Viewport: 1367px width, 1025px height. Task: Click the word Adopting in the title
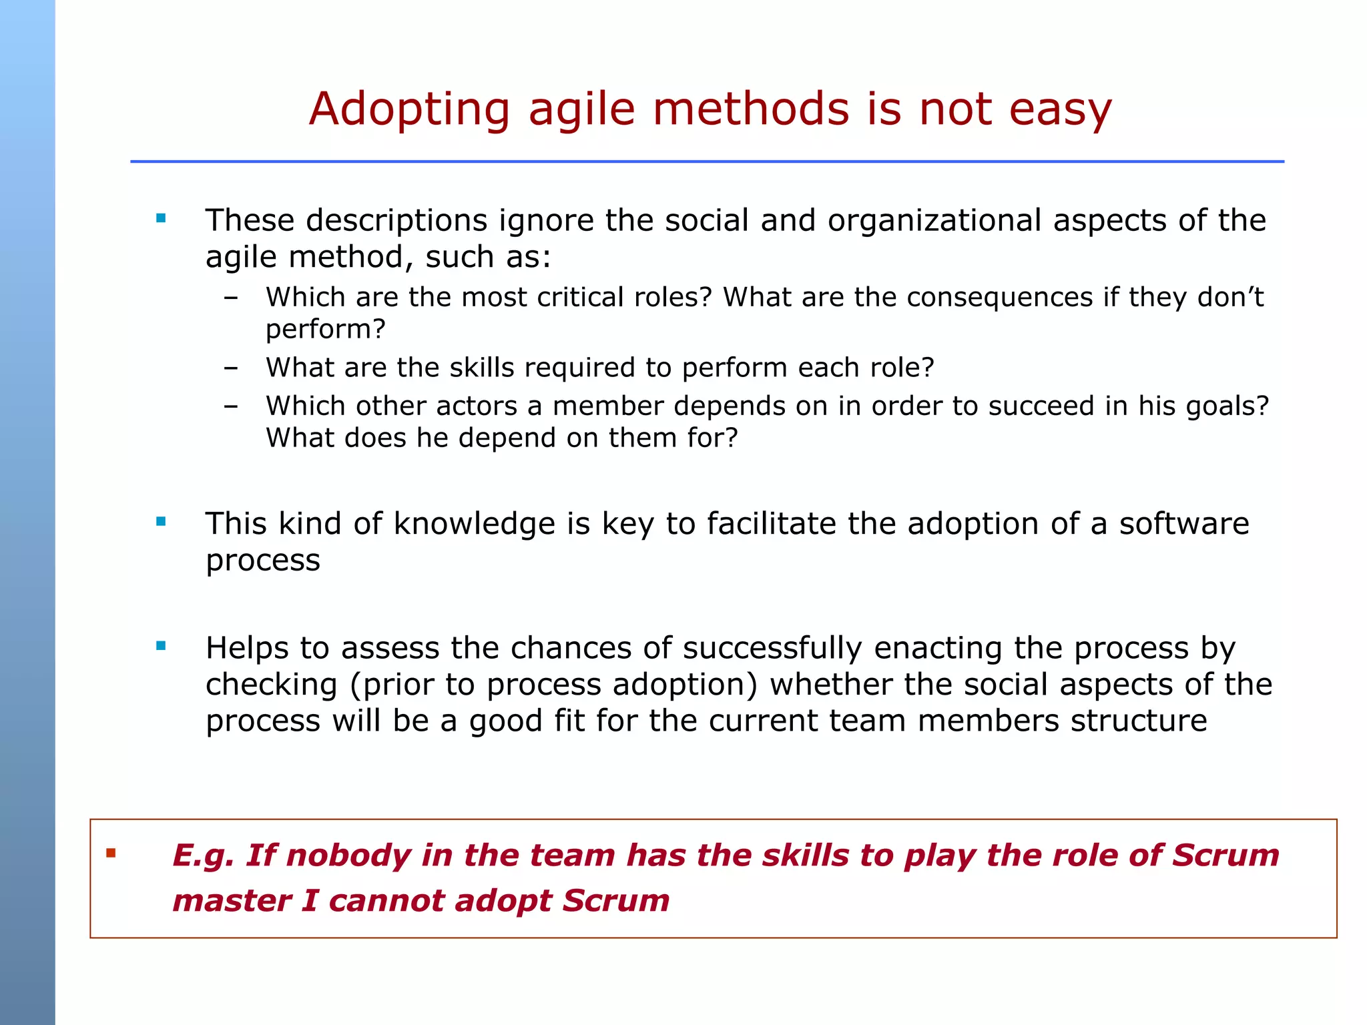click(409, 110)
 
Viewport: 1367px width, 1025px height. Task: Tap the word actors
click(477, 406)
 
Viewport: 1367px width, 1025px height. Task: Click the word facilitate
click(771, 524)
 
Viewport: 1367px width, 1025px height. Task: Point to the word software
click(1183, 524)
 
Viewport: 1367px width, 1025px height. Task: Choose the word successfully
click(772, 649)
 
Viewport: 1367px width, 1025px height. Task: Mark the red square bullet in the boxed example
click(111, 853)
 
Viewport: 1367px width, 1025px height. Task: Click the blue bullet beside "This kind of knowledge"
click(161, 521)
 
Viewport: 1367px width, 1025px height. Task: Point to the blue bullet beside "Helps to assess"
click(161, 645)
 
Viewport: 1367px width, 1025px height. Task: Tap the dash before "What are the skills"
click(231, 368)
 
